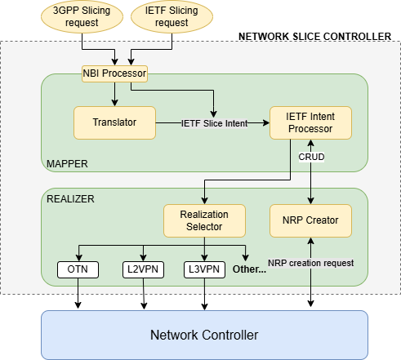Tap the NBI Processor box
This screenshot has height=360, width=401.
114,74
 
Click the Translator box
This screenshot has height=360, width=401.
114,122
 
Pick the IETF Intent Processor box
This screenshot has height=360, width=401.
311,122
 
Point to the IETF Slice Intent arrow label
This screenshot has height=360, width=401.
215,122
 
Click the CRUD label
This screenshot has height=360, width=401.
311,156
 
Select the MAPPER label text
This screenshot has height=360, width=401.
68,164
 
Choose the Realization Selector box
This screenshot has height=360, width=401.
205,219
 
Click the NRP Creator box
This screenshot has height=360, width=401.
310,219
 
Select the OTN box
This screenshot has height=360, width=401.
78,268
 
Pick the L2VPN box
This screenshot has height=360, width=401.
144,268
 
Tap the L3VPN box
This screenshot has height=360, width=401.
203,268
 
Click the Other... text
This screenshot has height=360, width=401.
249,269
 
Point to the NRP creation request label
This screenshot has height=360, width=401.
310,264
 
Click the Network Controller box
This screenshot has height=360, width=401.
204,335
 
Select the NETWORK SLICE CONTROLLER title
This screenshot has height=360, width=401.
314,37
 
